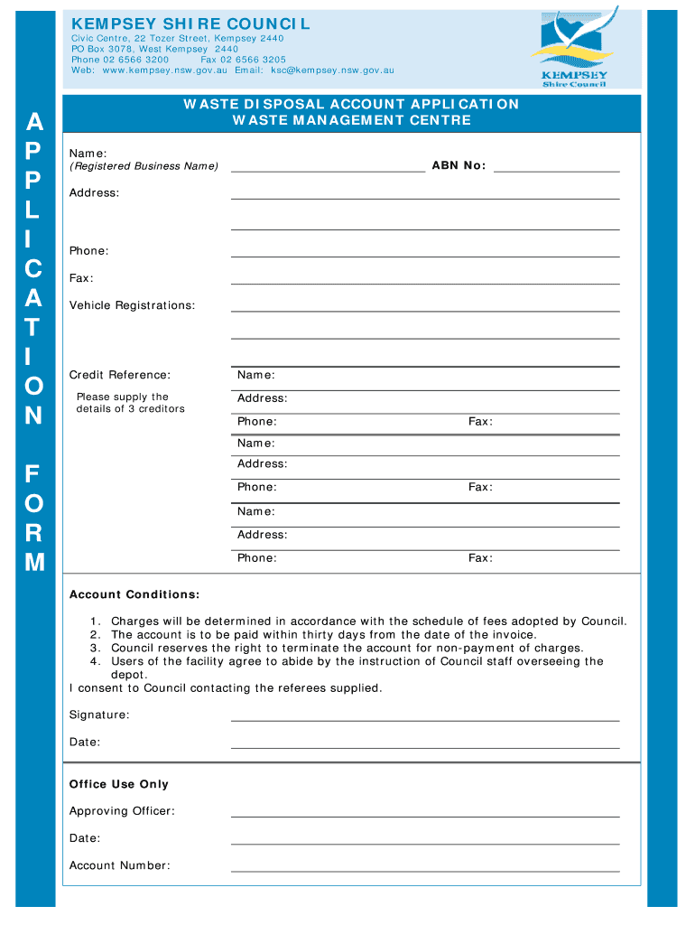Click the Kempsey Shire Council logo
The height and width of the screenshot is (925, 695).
574,50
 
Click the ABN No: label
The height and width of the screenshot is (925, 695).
459,165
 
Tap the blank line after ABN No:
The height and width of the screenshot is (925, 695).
556,168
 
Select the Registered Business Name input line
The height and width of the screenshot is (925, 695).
328,168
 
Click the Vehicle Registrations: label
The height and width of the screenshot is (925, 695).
132,305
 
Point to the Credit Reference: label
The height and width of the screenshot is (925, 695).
119,375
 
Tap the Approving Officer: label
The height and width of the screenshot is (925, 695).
122,811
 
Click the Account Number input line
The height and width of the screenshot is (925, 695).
424,869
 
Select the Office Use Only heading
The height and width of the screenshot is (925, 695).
119,784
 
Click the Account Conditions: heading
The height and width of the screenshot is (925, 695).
134,594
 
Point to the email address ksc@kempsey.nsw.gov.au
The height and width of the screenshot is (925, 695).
327,70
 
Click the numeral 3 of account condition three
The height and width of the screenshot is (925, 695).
94,648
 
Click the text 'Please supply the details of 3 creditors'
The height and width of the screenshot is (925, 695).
130,403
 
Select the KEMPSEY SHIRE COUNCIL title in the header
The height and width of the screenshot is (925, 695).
190,23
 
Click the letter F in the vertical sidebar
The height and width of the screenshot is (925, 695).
33,473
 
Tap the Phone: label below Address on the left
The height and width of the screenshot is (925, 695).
88,250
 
